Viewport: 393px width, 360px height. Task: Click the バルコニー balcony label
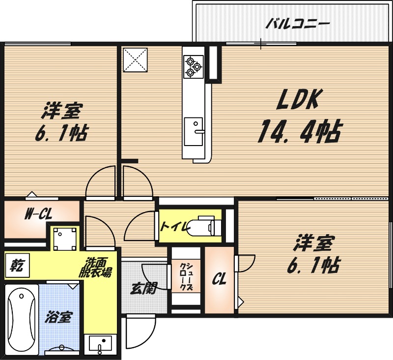pos(297,23)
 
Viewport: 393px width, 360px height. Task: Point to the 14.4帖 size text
pos(299,131)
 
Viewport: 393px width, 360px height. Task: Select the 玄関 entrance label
pos(143,288)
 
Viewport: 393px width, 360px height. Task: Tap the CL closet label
pos(219,280)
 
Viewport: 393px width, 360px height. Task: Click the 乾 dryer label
pos(16,266)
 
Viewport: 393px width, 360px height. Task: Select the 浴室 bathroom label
pos(58,317)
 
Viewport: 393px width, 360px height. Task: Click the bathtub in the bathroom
pos(21,319)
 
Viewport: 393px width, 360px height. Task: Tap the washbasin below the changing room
pos(101,344)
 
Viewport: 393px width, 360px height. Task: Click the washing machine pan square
pos(65,240)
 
